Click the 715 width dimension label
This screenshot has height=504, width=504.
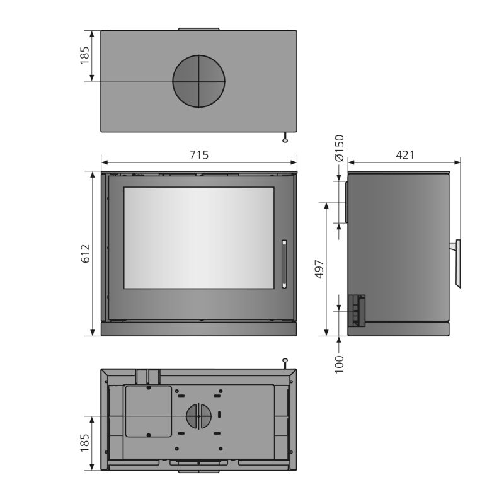pyautogui.click(x=199, y=155)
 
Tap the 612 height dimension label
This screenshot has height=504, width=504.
pyautogui.click(x=86, y=254)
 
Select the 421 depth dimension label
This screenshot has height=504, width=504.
pyautogui.click(x=405, y=155)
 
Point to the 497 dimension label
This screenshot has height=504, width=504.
pyautogui.click(x=319, y=269)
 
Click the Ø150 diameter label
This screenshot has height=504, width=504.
pyautogui.click(x=340, y=148)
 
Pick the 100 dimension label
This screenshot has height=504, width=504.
pyautogui.click(x=340, y=364)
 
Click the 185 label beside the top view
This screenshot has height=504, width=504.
pyautogui.click(x=85, y=55)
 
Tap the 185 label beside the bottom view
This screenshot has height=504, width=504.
pyautogui.click(x=85, y=443)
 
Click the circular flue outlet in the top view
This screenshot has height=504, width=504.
pyautogui.click(x=198, y=81)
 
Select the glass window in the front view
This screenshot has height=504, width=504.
pyautogui.click(x=199, y=238)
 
